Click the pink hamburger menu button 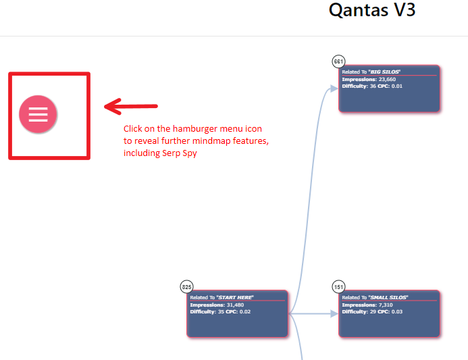click(x=38, y=114)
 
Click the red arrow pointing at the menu click(x=131, y=106)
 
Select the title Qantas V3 click(x=372, y=10)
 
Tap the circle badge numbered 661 click(x=338, y=61)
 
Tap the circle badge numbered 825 click(x=186, y=287)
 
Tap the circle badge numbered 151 click(x=338, y=287)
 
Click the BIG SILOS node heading click(x=371, y=72)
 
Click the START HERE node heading click(x=222, y=297)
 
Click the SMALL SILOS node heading click(x=375, y=297)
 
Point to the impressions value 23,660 click(x=387, y=80)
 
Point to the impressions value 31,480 click(x=235, y=305)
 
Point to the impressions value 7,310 click(x=386, y=305)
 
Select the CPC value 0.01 click(x=397, y=86)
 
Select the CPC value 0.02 click(x=245, y=311)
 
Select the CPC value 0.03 click(x=397, y=311)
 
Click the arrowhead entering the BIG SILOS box click(x=334, y=88)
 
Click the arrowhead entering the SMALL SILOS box click(x=334, y=313)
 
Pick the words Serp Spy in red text click(x=180, y=153)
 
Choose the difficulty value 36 click(x=373, y=86)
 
